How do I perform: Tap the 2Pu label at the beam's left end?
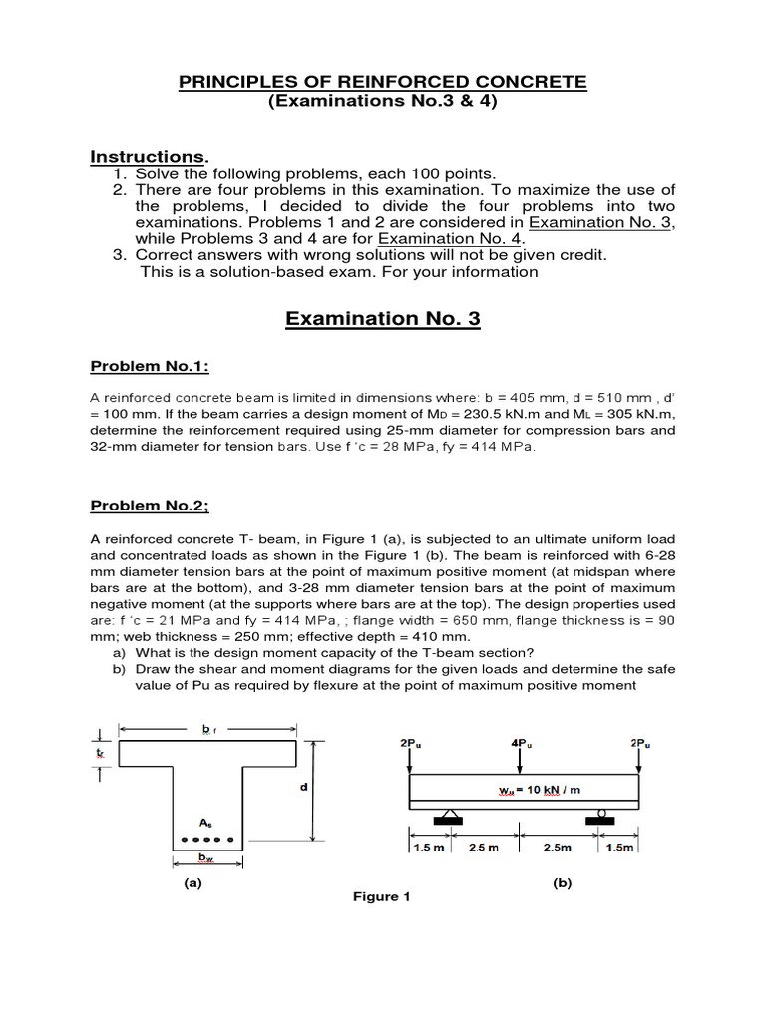click(x=410, y=742)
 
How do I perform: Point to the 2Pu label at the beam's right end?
click(x=640, y=742)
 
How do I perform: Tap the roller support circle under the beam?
click(x=602, y=812)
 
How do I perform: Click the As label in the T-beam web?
click(x=204, y=823)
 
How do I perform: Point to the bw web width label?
click(x=205, y=857)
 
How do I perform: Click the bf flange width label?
click(x=207, y=730)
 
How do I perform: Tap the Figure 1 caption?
click(x=382, y=896)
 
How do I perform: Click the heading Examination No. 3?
click(x=383, y=319)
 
